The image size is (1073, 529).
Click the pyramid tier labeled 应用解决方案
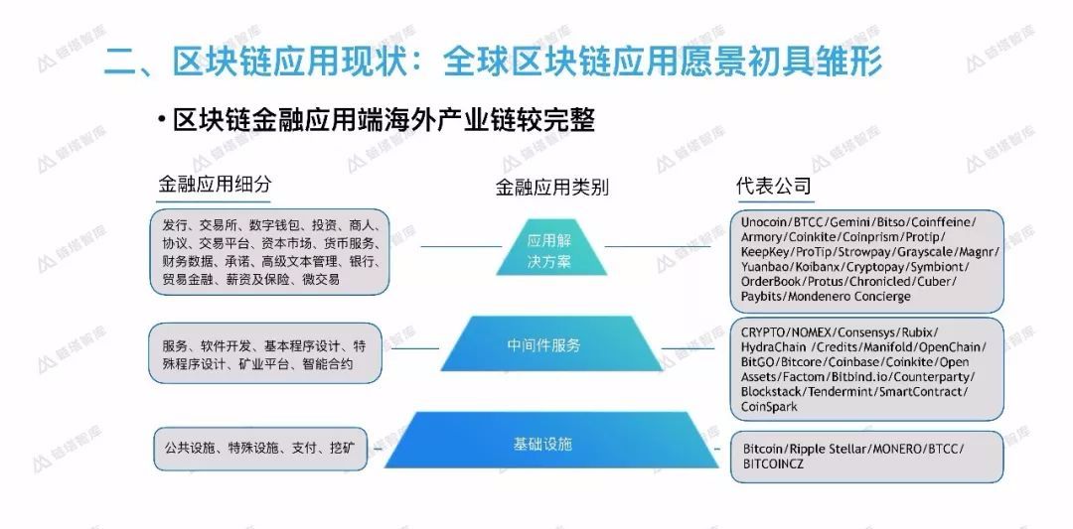pos(551,249)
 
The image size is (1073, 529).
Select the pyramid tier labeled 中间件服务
pos(543,345)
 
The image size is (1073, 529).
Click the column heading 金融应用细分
pos(215,185)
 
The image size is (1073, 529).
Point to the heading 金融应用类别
pos(551,187)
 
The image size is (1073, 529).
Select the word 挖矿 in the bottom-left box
pos(341,448)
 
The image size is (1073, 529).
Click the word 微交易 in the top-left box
pos(320,280)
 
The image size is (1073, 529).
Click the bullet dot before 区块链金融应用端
pos(160,120)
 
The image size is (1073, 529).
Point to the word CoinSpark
pos(769,407)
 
